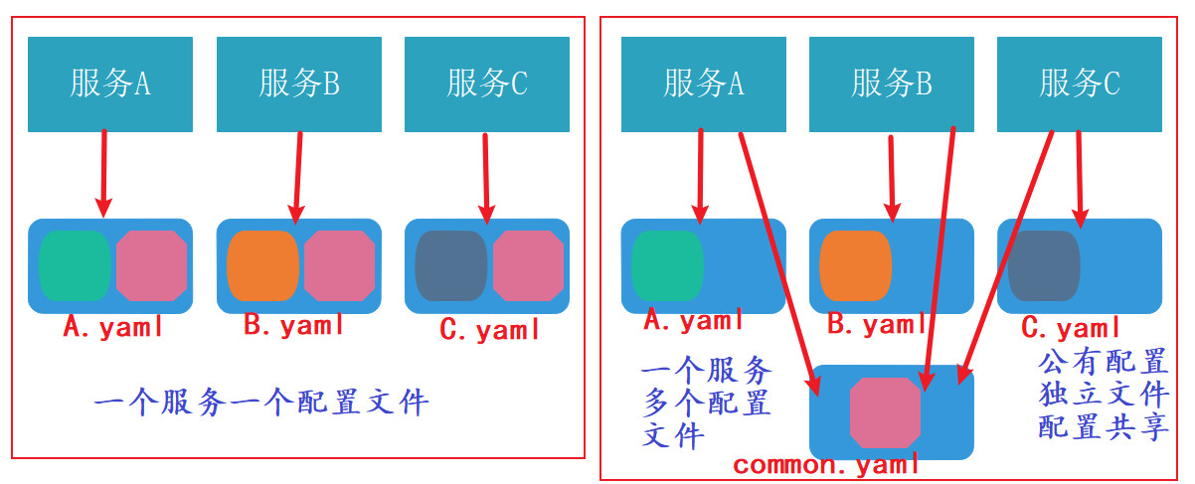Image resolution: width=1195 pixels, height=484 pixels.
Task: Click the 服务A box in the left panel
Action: point(109,84)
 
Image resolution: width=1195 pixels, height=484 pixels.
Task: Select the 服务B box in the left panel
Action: point(298,84)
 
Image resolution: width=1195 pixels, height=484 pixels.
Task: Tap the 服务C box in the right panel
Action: point(1080,84)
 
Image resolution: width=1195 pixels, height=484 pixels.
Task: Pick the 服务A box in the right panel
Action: point(704,84)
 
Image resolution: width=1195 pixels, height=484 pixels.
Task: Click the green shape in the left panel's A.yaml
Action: point(75,265)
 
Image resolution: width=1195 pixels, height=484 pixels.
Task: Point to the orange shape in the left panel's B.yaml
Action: point(262,265)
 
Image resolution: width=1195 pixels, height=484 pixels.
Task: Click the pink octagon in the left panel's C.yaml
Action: point(528,265)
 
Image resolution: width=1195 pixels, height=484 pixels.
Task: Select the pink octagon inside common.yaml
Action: point(885,411)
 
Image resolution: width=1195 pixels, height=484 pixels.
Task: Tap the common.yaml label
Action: point(825,465)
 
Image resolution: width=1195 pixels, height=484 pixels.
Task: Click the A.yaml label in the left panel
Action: point(112,327)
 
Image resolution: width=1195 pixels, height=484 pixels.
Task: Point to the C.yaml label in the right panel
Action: point(1072,327)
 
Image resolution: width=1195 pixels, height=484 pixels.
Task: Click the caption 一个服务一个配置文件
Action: point(261,403)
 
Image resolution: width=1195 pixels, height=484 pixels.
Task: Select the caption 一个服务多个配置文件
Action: point(706,404)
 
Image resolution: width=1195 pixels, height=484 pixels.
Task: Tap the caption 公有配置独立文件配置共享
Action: point(1103,394)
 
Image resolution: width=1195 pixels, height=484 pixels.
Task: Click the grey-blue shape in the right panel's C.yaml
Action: point(1044,265)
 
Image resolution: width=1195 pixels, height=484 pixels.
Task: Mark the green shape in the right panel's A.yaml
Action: point(667,265)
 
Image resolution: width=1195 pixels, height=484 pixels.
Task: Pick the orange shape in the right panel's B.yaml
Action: point(855,265)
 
